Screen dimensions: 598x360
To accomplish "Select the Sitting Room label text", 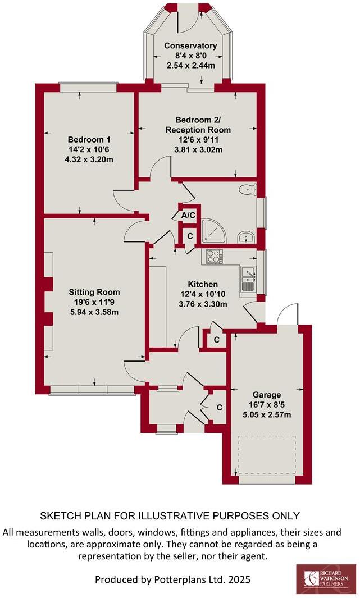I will pyautogui.click(x=94, y=292).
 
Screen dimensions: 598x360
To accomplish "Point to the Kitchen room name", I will pyautogui.click(x=203, y=284).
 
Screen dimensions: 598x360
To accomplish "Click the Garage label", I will pyautogui.click(x=266, y=395).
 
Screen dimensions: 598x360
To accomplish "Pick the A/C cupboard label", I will pyautogui.click(x=188, y=215).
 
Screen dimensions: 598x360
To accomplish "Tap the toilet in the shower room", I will pyautogui.click(x=247, y=190).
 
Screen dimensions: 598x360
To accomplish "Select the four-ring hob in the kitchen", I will pyautogui.click(x=214, y=256).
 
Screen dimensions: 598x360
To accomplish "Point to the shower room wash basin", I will pyautogui.click(x=245, y=236).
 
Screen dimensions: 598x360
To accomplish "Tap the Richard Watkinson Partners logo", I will pyautogui.click(x=325, y=578).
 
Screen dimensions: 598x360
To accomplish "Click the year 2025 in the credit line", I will pyautogui.click(x=239, y=579).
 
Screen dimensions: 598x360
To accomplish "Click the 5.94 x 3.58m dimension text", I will pyautogui.click(x=94, y=312).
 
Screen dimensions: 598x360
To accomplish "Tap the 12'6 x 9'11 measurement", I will pyautogui.click(x=194, y=140).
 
